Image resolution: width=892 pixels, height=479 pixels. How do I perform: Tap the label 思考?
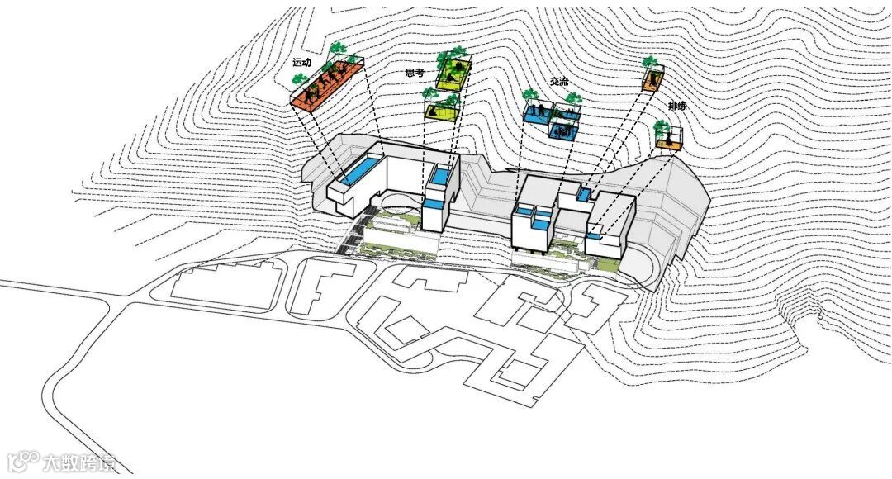[x=415, y=73]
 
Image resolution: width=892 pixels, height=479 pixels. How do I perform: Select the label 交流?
[x=559, y=82]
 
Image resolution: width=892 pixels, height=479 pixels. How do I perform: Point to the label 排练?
[x=679, y=107]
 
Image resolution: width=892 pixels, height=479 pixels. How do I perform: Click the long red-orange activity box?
[x=328, y=83]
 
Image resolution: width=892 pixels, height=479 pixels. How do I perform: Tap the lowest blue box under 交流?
[x=563, y=130]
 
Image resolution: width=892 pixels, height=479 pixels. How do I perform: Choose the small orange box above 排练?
[x=654, y=80]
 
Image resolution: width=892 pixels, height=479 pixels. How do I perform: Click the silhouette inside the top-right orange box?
[x=654, y=79]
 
